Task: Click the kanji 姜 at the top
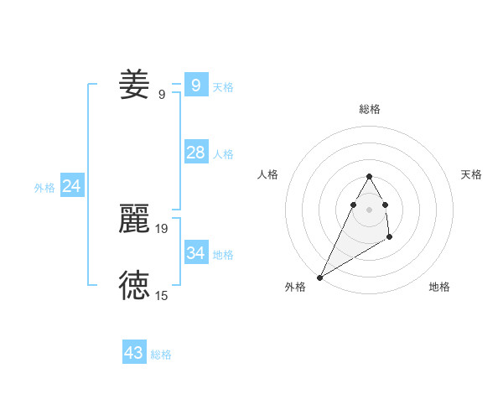(134, 85)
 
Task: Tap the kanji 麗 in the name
(134, 219)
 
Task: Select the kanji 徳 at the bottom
(134, 286)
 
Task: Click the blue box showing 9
(195, 85)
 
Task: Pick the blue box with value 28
(195, 153)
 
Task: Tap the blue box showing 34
(195, 252)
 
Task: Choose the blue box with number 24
(71, 186)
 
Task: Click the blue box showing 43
(134, 353)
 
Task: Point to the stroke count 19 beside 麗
(162, 228)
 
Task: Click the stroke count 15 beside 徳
(162, 295)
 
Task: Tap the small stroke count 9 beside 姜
(162, 95)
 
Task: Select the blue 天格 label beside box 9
(223, 87)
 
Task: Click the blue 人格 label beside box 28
(223, 154)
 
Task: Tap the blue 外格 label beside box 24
(44, 188)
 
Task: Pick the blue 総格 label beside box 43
(161, 355)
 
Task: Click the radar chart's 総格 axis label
(369, 110)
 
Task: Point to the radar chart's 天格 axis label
(472, 174)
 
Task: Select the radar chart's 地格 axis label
(439, 288)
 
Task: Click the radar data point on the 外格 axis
(319, 277)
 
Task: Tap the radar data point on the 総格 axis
(369, 177)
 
